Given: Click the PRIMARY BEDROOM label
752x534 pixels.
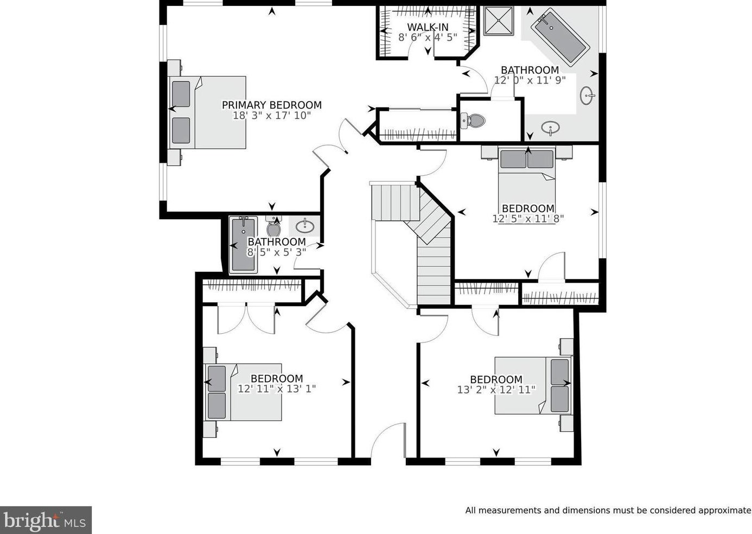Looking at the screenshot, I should [271, 105].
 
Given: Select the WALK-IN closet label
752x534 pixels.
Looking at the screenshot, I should [428, 27].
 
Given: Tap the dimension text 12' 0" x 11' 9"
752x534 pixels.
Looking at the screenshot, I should [530, 80].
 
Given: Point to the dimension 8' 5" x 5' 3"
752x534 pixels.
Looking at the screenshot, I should [277, 252].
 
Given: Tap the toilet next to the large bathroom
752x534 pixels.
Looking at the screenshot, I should [474, 120].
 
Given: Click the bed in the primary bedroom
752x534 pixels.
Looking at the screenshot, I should [209, 112].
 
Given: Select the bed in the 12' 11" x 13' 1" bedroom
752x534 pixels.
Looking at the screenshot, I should [244, 392].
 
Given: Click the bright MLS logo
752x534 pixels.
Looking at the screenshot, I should [46, 520].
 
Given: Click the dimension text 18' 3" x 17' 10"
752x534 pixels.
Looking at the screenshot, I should [271, 116].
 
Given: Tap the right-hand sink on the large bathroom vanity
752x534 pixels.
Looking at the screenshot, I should [588, 96].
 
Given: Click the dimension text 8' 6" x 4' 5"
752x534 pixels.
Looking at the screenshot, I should [428, 37].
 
